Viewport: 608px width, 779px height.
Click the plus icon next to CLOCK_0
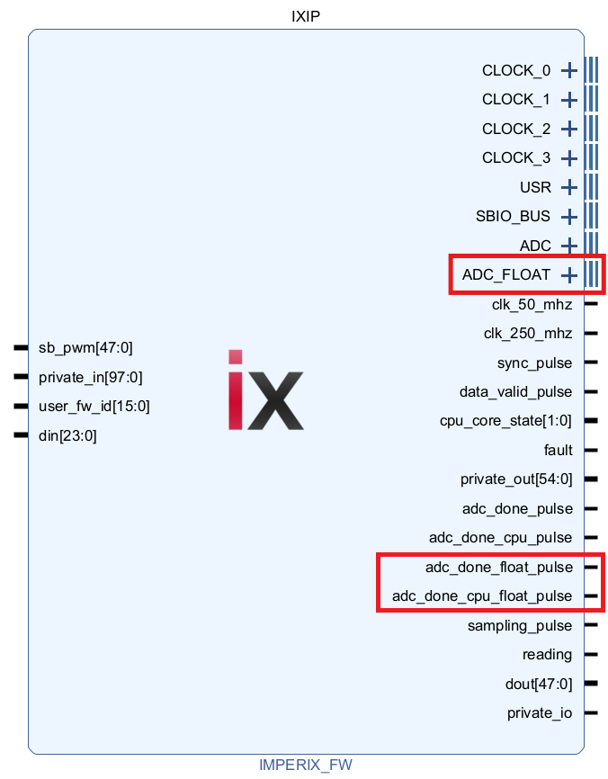pos(568,70)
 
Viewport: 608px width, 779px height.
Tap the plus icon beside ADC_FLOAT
pos(568,274)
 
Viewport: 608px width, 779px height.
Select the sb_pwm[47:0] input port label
pos(87,347)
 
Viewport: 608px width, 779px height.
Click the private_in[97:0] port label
pos(90,377)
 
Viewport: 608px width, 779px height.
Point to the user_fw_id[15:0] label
pos(94,407)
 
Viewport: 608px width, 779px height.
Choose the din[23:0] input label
pos(67,436)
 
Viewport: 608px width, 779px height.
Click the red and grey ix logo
pos(265,389)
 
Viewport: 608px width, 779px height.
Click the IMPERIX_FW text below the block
pos(306,765)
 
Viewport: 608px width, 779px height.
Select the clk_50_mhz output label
pos(527,304)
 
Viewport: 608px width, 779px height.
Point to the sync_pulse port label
pos(534,363)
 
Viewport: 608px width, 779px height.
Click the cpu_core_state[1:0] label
pos(505,421)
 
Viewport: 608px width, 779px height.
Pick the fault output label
pos(558,450)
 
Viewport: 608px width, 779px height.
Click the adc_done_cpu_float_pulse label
pos(482,595)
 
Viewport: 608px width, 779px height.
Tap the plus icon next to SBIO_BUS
pos(568,216)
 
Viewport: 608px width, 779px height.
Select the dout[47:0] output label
pos(539,684)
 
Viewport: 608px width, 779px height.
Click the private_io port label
pos(540,713)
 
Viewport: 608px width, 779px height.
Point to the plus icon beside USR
pos(568,187)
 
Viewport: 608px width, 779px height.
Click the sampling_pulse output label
pos(520,625)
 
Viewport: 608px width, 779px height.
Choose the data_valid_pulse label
pos(515,391)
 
